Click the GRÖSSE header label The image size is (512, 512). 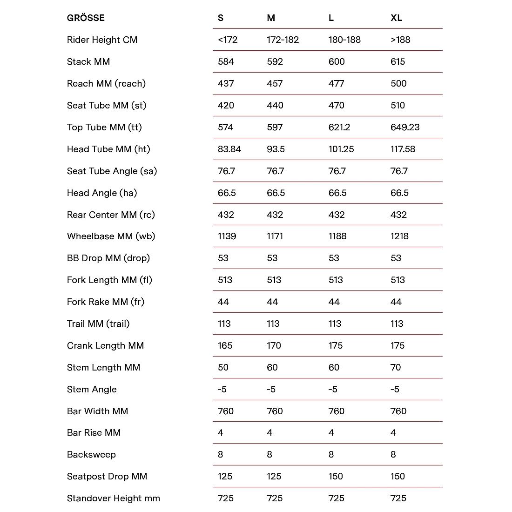(x=86, y=18)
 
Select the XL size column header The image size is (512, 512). (x=396, y=18)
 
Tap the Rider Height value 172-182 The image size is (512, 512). (x=283, y=40)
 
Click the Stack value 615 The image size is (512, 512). (x=397, y=62)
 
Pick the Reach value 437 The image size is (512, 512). (x=226, y=84)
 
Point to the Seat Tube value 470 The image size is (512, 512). (x=336, y=106)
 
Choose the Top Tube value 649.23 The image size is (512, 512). (x=404, y=128)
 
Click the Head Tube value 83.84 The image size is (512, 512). (x=229, y=149)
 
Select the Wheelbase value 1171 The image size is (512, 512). (x=275, y=236)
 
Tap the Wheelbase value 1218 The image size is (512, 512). (x=399, y=236)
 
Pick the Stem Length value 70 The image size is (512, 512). (x=395, y=368)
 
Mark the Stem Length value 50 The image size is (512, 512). (x=223, y=368)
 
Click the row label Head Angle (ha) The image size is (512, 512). (x=102, y=193)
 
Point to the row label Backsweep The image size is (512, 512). (x=91, y=455)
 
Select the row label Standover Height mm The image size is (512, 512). (x=113, y=499)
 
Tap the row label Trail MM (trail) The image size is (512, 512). (x=98, y=324)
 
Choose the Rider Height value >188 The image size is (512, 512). (x=400, y=40)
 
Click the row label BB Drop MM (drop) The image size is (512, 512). (x=108, y=258)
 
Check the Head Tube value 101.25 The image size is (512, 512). (x=341, y=149)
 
